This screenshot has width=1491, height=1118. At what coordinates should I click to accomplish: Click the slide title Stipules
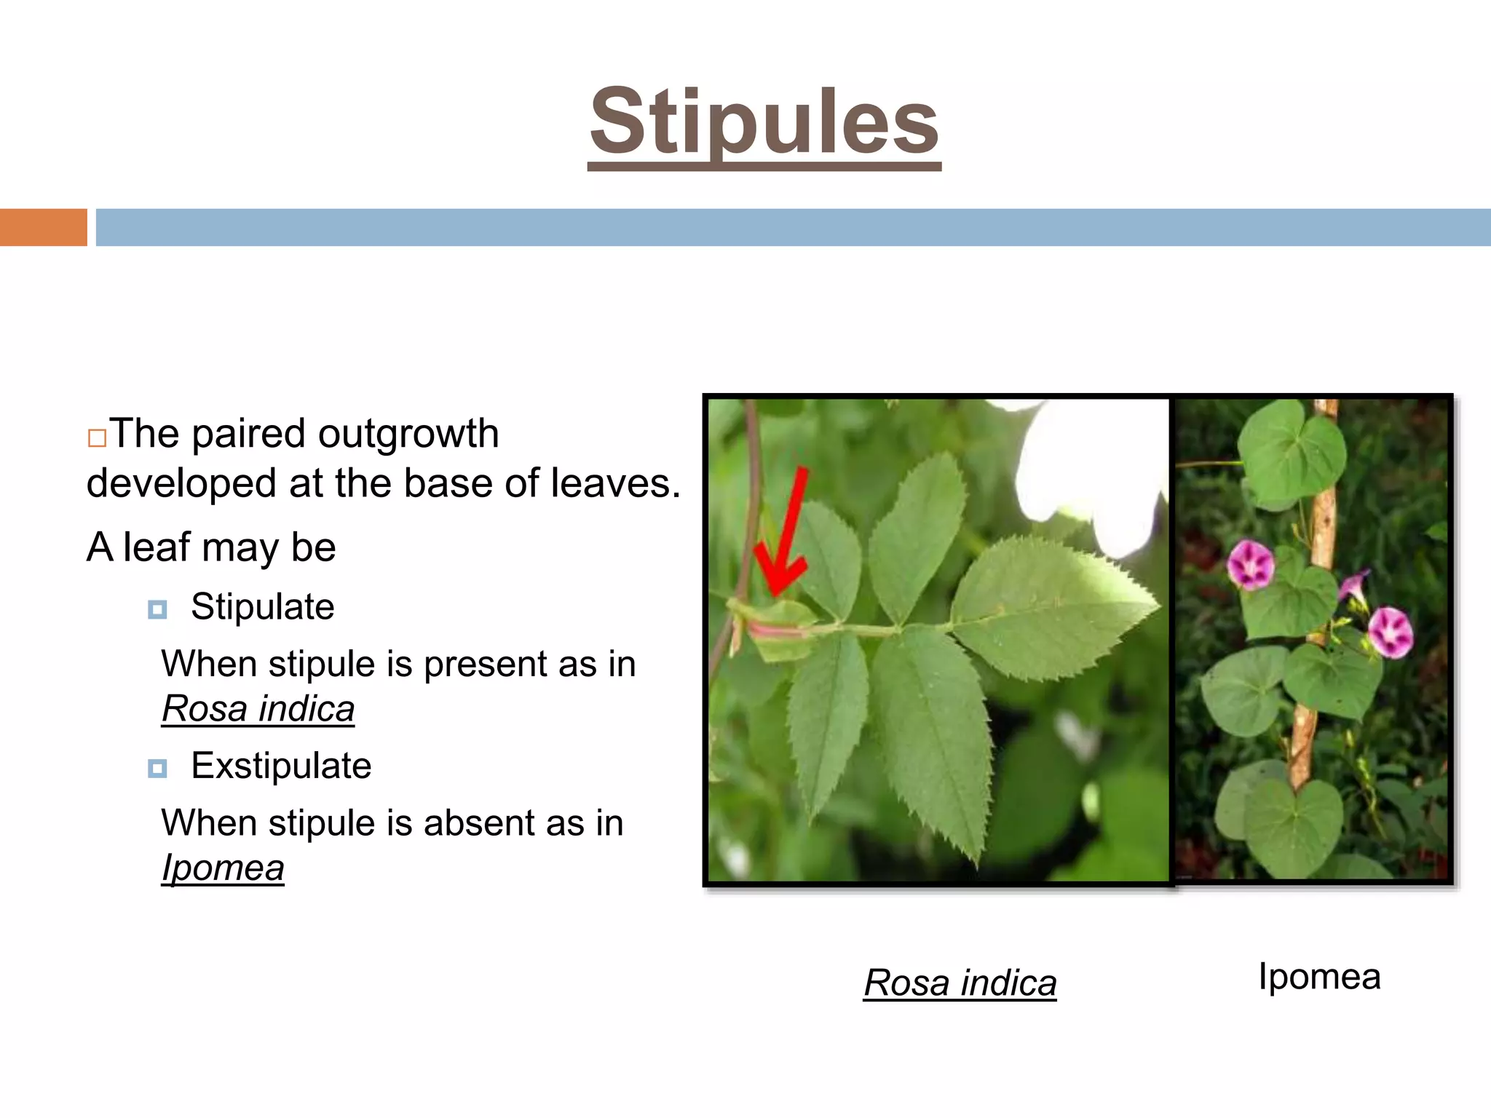click(764, 122)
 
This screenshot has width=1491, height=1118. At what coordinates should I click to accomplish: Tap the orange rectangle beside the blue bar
click(43, 227)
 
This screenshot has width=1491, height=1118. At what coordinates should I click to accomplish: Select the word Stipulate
click(262, 606)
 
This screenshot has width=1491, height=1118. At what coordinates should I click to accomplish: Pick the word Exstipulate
click(281, 766)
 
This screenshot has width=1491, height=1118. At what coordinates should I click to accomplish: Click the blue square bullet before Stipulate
click(157, 609)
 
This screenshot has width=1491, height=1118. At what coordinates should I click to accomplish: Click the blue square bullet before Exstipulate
click(157, 769)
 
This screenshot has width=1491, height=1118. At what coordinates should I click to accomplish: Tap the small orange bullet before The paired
click(97, 438)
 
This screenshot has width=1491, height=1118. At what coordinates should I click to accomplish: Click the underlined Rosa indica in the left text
click(258, 709)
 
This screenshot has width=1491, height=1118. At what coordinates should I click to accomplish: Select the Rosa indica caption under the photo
click(960, 983)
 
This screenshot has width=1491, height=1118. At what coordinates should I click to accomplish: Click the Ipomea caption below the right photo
click(1319, 977)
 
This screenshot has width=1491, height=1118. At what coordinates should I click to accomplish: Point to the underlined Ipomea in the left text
click(223, 868)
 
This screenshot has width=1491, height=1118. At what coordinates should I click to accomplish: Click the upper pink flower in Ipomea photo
click(1250, 564)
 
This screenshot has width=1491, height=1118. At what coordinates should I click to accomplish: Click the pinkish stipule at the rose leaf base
click(775, 630)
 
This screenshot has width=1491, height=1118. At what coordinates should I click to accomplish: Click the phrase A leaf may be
click(211, 547)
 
